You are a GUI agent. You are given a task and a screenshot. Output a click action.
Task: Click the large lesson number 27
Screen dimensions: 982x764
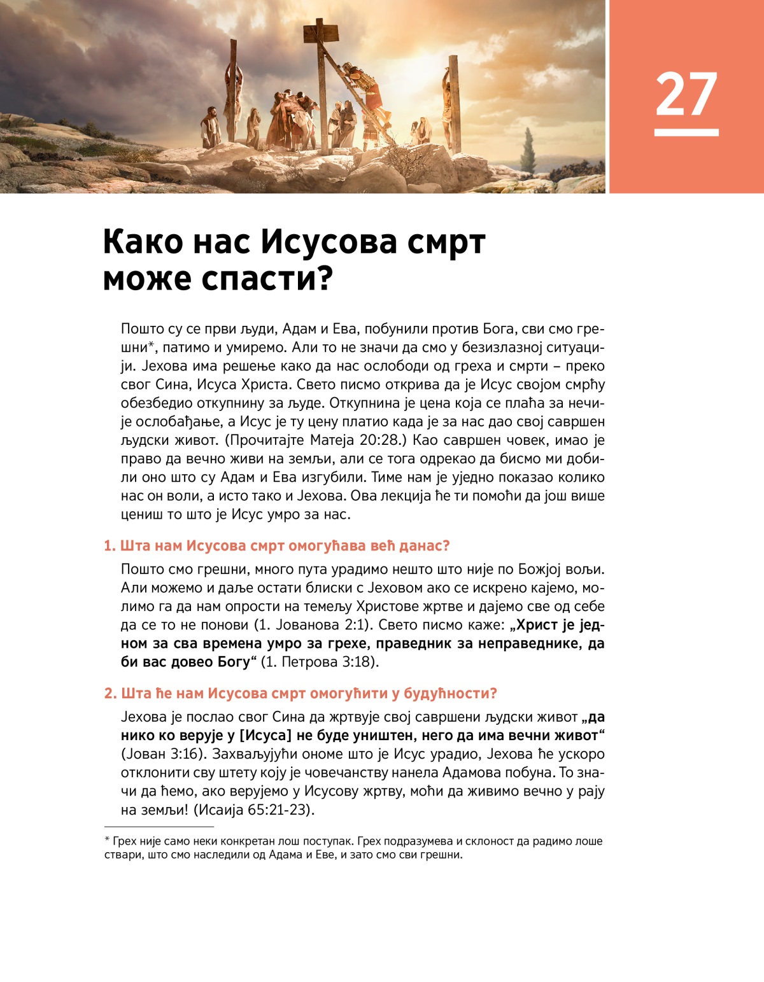[686, 94]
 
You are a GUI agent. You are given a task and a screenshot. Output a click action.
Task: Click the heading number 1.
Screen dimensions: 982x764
[109, 546]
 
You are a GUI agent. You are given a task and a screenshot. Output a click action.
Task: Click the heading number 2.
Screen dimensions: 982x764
[110, 693]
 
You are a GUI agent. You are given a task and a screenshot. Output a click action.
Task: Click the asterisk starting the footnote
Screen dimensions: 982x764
[107, 841]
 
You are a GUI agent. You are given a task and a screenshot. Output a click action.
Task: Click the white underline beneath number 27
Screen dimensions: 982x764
[686, 132]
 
